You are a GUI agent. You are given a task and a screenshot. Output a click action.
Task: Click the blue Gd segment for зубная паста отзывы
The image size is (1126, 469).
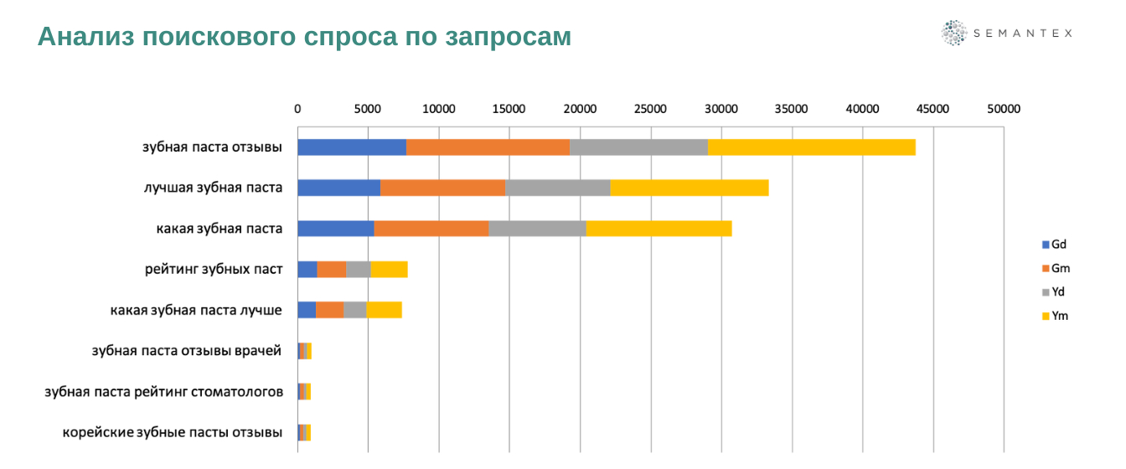(352, 147)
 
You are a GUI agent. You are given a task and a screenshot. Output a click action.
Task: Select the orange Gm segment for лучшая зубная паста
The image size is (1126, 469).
(442, 188)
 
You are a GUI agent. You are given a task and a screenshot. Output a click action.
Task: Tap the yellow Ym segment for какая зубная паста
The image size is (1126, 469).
(659, 229)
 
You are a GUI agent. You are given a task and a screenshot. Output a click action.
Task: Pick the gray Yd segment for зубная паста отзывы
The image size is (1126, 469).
(638, 147)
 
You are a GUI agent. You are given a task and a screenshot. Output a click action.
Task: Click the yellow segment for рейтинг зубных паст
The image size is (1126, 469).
(389, 269)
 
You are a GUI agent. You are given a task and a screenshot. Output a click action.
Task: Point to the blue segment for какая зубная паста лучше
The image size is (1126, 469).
(307, 310)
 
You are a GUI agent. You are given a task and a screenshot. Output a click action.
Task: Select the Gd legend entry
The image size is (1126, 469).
(1053, 245)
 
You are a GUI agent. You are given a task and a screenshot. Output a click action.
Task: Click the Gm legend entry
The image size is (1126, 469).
(1055, 269)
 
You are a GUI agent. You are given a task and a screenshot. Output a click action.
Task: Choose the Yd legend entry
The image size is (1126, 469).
(1053, 292)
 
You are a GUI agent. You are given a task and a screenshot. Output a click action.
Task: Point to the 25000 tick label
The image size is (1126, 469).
(650, 108)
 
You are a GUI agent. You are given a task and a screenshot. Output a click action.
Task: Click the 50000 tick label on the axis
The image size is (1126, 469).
(1003, 108)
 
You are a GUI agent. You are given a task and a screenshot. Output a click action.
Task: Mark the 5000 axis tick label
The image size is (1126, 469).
(368, 108)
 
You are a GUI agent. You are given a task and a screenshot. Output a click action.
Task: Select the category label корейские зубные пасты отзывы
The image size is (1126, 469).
(173, 432)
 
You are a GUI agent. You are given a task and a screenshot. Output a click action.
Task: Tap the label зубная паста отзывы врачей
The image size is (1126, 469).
(187, 350)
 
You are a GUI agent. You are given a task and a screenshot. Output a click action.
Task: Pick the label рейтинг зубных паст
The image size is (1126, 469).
(214, 269)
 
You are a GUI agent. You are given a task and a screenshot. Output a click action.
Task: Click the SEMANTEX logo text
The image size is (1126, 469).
(1022, 33)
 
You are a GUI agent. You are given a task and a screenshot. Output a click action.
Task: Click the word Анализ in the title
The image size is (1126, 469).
(85, 37)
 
